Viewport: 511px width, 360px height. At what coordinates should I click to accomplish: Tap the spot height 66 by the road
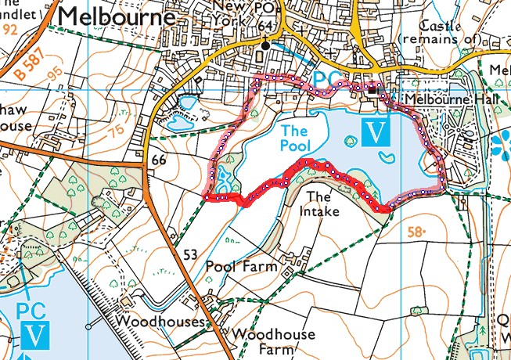coord(160,160)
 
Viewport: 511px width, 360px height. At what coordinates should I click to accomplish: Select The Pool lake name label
coord(295,138)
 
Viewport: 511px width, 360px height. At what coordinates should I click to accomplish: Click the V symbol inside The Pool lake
coord(376,133)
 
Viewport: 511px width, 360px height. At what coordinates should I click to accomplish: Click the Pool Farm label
coord(242,267)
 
